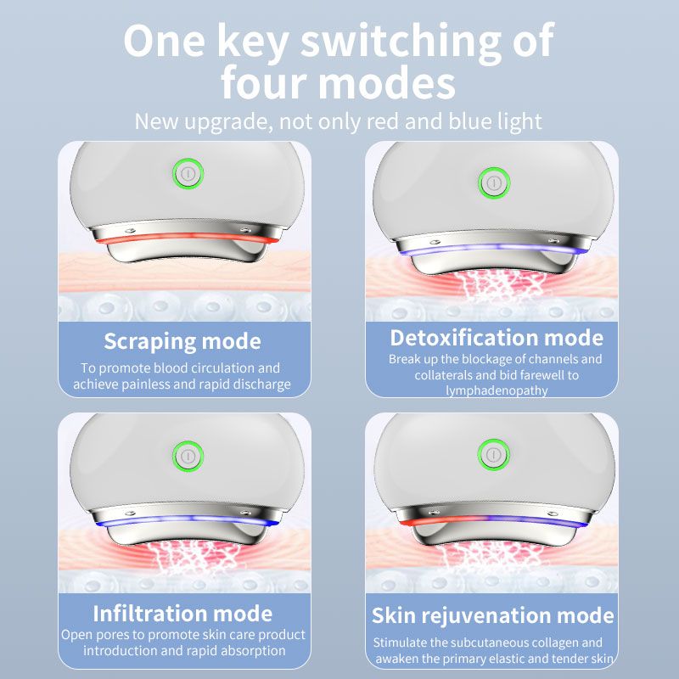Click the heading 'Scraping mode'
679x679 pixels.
click(x=182, y=341)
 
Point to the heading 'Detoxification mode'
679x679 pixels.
click(x=497, y=337)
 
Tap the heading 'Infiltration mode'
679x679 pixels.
click(x=182, y=613)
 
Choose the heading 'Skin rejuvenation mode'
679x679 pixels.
click(x=492, y=615)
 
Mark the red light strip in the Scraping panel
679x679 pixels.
click(x=187, y=241)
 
